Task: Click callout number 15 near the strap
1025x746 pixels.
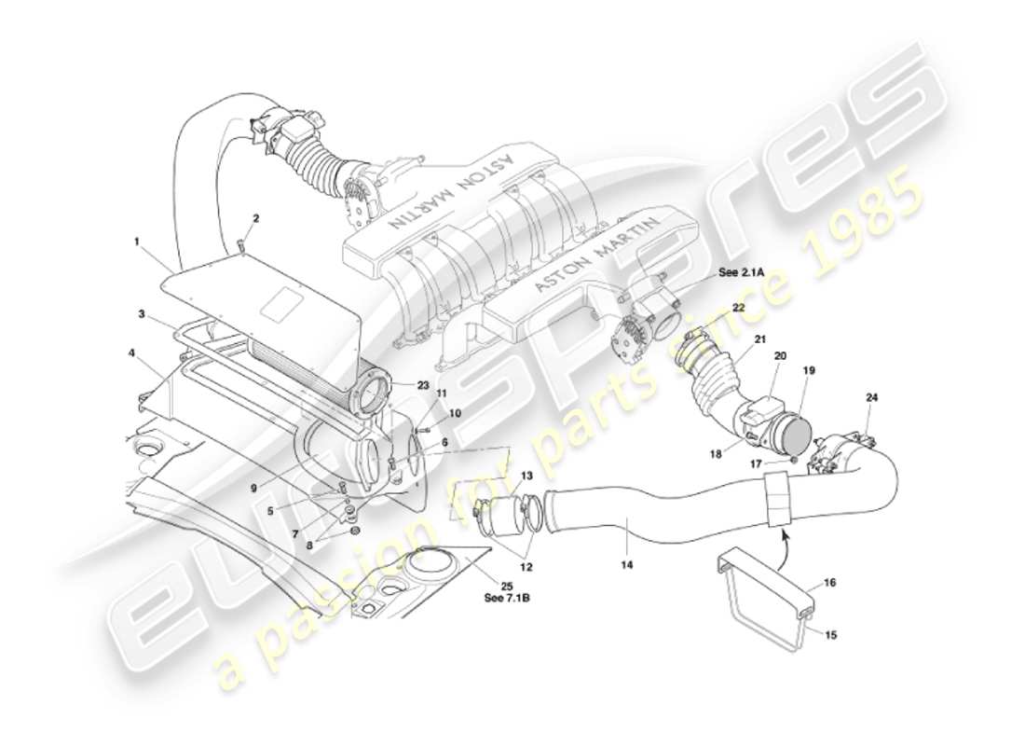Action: (x=829, y=635)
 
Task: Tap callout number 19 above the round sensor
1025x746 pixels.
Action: (x=809, y=370)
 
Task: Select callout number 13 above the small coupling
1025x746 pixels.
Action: (x=526, y=476)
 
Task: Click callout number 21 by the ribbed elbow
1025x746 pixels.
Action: (x=759, y=338)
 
